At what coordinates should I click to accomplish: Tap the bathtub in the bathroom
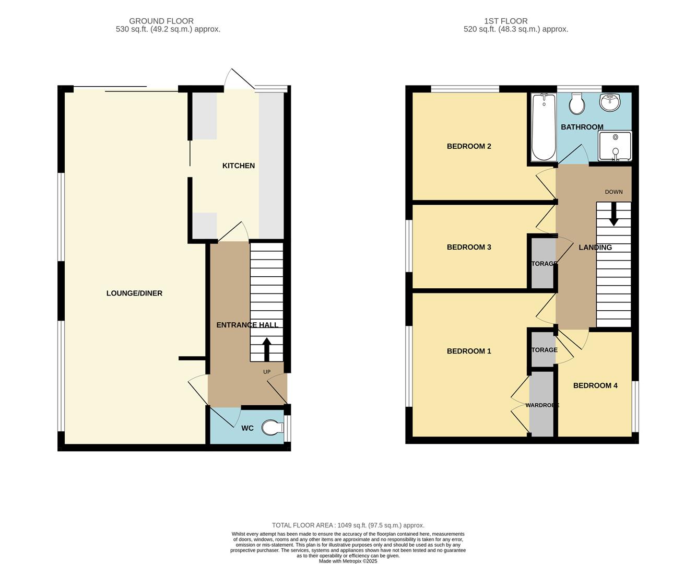click(x=544, y=127)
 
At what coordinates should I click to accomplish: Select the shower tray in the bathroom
click(x=615, y=146)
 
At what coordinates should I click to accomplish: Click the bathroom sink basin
click(x=609, y=102)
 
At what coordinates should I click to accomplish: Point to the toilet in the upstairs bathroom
click(x=576, y=104)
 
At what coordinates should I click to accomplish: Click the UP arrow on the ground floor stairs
click(x=266, y=349)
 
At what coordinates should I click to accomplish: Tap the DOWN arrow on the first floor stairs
click(x=614, y=214)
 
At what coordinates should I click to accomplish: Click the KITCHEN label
click(x=239, y=166)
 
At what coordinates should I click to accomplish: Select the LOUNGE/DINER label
click(x=134, y=293)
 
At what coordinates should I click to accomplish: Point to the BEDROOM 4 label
click(x=595, y=385)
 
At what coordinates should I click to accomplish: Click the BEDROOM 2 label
click(x=469, y=146)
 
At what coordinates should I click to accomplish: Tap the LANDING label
click(x=595, y=248)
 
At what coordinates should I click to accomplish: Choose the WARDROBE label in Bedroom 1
click(x=542, y=405)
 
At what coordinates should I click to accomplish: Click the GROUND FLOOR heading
click(x=161, y=21)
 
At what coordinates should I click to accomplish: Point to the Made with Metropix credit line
click(x=348, y=561)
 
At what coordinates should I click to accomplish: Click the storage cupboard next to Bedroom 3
click(x=543, y=263)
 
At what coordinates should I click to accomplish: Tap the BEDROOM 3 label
click(x=469, y=247)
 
